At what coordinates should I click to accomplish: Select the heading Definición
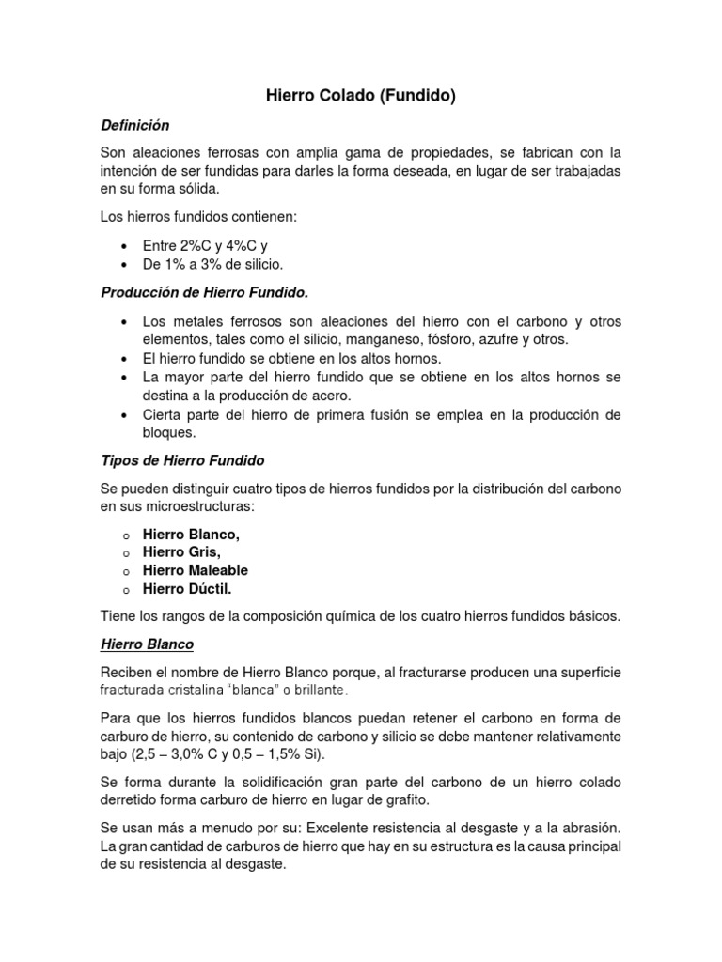tap(134, 124)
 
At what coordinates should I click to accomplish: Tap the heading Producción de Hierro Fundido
tap(204, 292)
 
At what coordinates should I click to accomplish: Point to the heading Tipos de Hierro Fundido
tap(182, 460)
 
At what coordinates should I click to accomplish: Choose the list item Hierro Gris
tap(181, 552)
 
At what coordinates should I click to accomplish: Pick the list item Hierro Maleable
tap(196, 570)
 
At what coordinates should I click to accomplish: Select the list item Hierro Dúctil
tap(186, 589)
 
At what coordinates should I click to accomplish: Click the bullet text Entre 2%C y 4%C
tap(192, 246)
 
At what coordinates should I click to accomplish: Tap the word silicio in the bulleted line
tap(259, 264)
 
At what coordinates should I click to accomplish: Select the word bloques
tap(169, 432)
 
